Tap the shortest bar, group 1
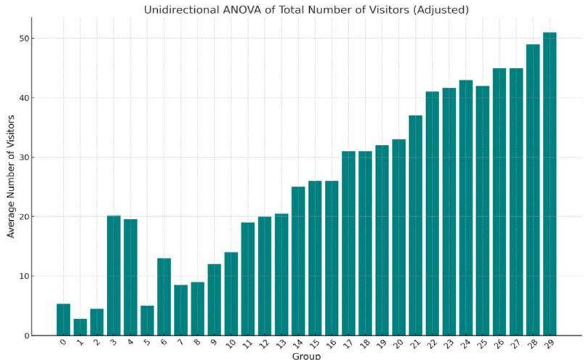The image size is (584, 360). (x=80, y=327)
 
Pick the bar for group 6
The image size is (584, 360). (x=164, y=297)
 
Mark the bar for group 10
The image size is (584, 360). (x=231, y=294)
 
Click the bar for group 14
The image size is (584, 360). (x=298, y=261)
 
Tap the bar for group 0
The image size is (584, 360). (x=63, y=320)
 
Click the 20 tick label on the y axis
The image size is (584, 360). (x=24, y=217)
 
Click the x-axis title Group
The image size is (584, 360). (x=306, y=356)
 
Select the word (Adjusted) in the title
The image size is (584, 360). (x=444, y=10)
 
